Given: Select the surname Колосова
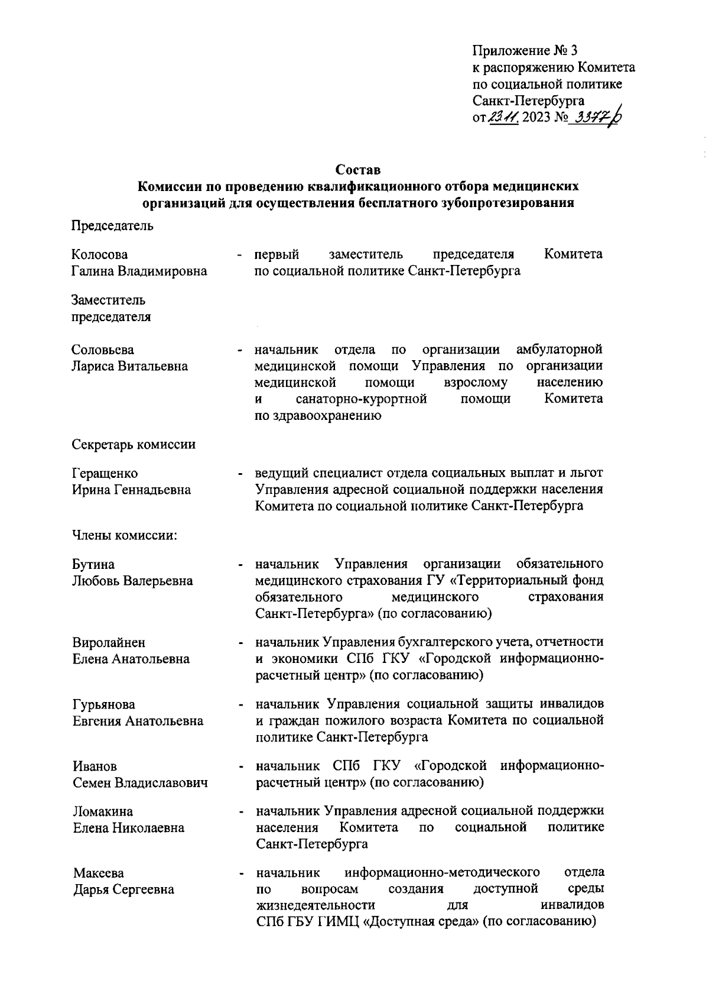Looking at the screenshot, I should pos(99,254).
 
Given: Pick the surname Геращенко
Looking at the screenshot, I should pos(105,473).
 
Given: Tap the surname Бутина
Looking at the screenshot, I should pos(93,564).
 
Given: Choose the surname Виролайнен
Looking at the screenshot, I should pos(109,642).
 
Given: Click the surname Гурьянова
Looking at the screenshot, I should pos(104,704).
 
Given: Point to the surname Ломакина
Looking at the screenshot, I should pos(103,811).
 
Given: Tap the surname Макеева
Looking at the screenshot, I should pos(99,873).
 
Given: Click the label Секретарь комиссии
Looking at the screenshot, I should pos(134,444).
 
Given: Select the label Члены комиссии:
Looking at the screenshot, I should pos(125,536).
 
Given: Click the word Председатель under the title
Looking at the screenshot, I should pos(112,225).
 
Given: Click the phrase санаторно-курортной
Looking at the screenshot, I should pos(362,399).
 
